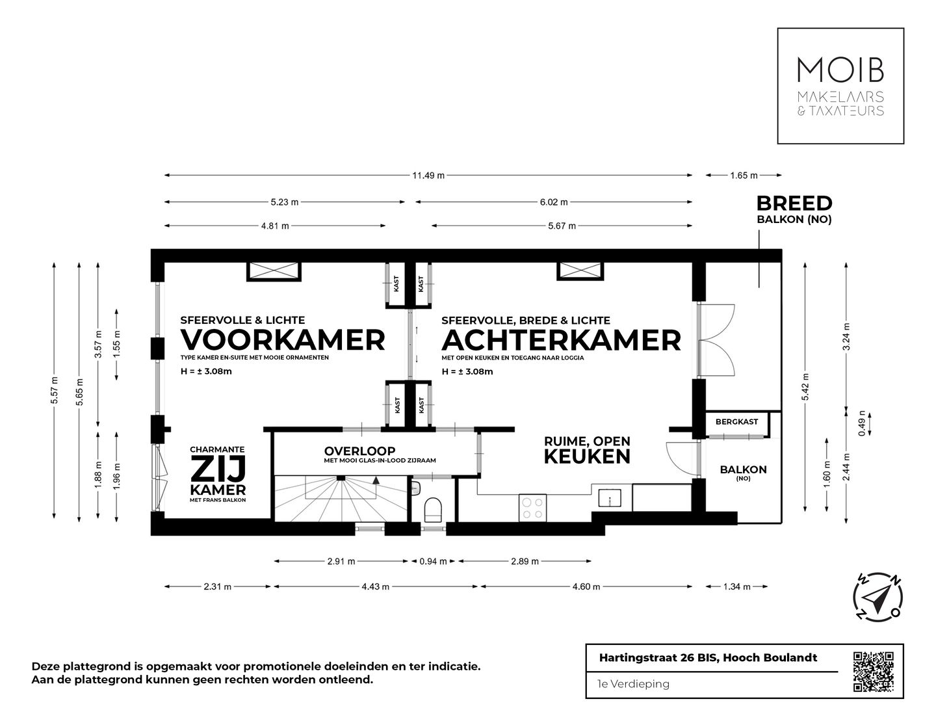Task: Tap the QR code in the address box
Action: [872, 672]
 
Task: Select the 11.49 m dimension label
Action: [428, 176]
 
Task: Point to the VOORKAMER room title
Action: [283, 339]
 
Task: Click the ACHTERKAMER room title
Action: [561, 339]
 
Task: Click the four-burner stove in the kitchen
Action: [533, 508]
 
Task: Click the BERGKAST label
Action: [736, 422]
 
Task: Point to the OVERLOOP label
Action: [359, 451]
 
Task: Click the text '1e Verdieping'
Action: [633, 684]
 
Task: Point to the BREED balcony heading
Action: [794, 203]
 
